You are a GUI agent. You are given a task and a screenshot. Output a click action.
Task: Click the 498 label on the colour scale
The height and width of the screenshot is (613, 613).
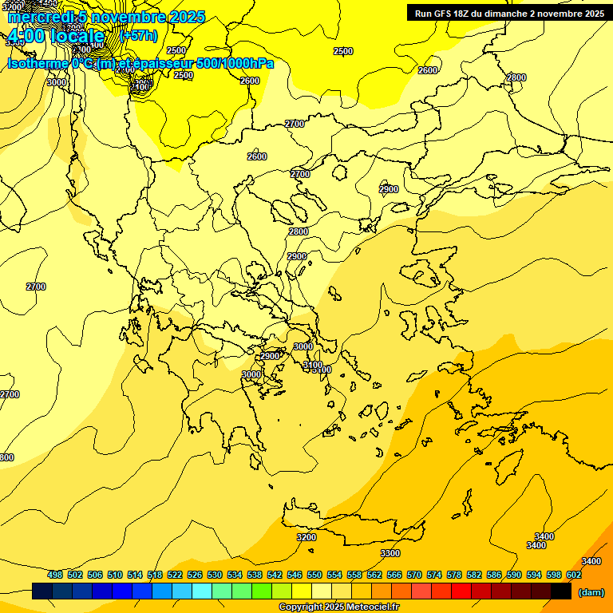tap(54, 575)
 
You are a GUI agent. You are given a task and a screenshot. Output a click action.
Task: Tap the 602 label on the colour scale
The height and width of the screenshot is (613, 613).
tap(575, 575)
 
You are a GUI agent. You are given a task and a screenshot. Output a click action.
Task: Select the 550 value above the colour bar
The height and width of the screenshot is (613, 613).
tap(314, 575)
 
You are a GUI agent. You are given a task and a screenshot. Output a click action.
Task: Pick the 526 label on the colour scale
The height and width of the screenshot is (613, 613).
tap(194, 575)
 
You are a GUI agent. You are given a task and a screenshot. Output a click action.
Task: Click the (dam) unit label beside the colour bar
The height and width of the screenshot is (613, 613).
tap(591, 592)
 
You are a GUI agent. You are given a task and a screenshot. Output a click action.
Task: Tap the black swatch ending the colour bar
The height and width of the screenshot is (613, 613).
tap(561, 591)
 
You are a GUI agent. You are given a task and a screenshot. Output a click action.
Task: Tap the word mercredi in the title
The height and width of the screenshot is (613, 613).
tap(38, 17)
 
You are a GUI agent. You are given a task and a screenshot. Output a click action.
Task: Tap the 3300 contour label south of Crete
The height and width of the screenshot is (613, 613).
tap(390, 553)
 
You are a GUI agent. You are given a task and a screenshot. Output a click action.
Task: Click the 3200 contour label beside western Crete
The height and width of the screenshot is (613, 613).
tap(306, 537)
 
